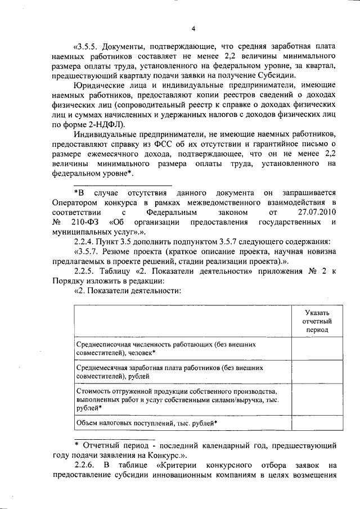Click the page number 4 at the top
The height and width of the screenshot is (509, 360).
(x=193, y=29)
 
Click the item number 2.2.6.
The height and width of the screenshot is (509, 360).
(x=85, y=465)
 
